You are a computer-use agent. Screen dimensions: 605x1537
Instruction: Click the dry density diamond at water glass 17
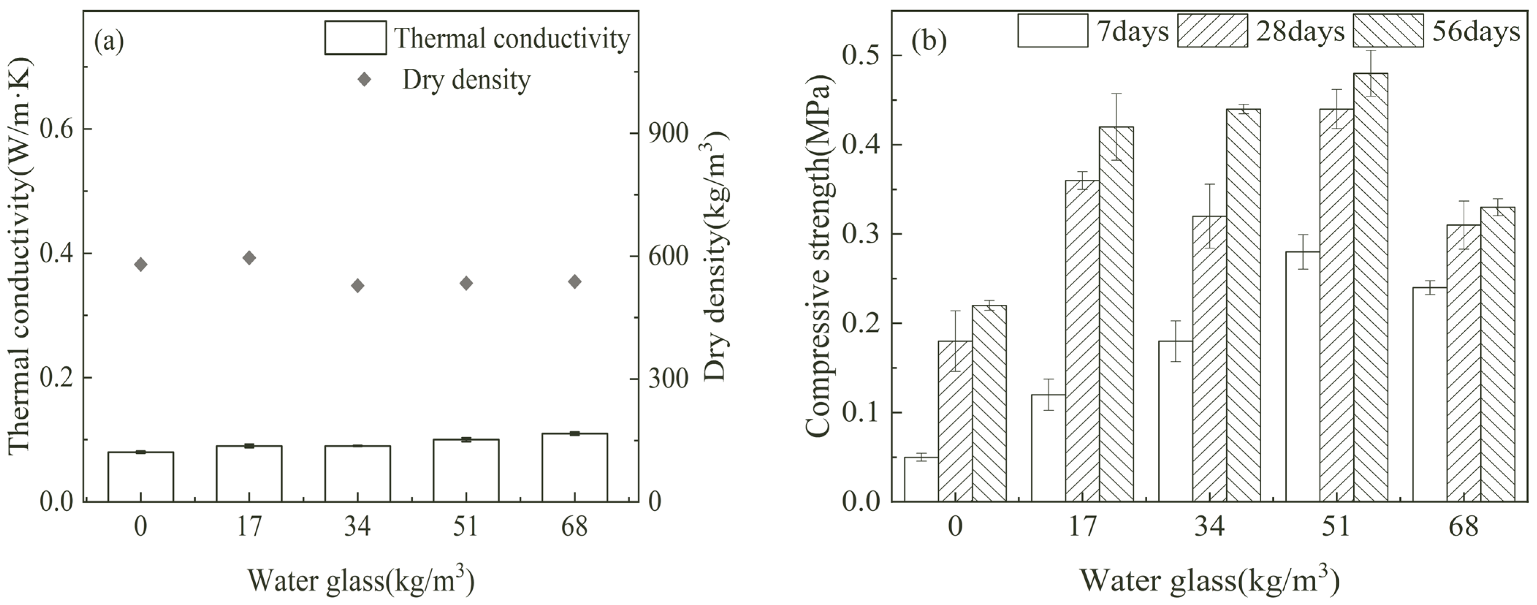click(x=249, y=258)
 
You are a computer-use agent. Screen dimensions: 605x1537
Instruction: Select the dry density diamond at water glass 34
click(x=357, y=286)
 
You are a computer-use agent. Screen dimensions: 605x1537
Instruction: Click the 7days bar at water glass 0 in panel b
click(x=921, y=479)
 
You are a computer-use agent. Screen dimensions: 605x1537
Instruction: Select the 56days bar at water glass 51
click(x=1370, y=286)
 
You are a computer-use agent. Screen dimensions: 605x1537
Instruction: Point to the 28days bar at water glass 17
click(x=1082, y=340)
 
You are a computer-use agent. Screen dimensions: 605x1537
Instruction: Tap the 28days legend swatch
click(x=1212, y=30)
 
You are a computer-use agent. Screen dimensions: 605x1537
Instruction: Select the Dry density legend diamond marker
click(x=364, y=79)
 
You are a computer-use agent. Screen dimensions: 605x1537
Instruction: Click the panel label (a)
click(x=109, y=42)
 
